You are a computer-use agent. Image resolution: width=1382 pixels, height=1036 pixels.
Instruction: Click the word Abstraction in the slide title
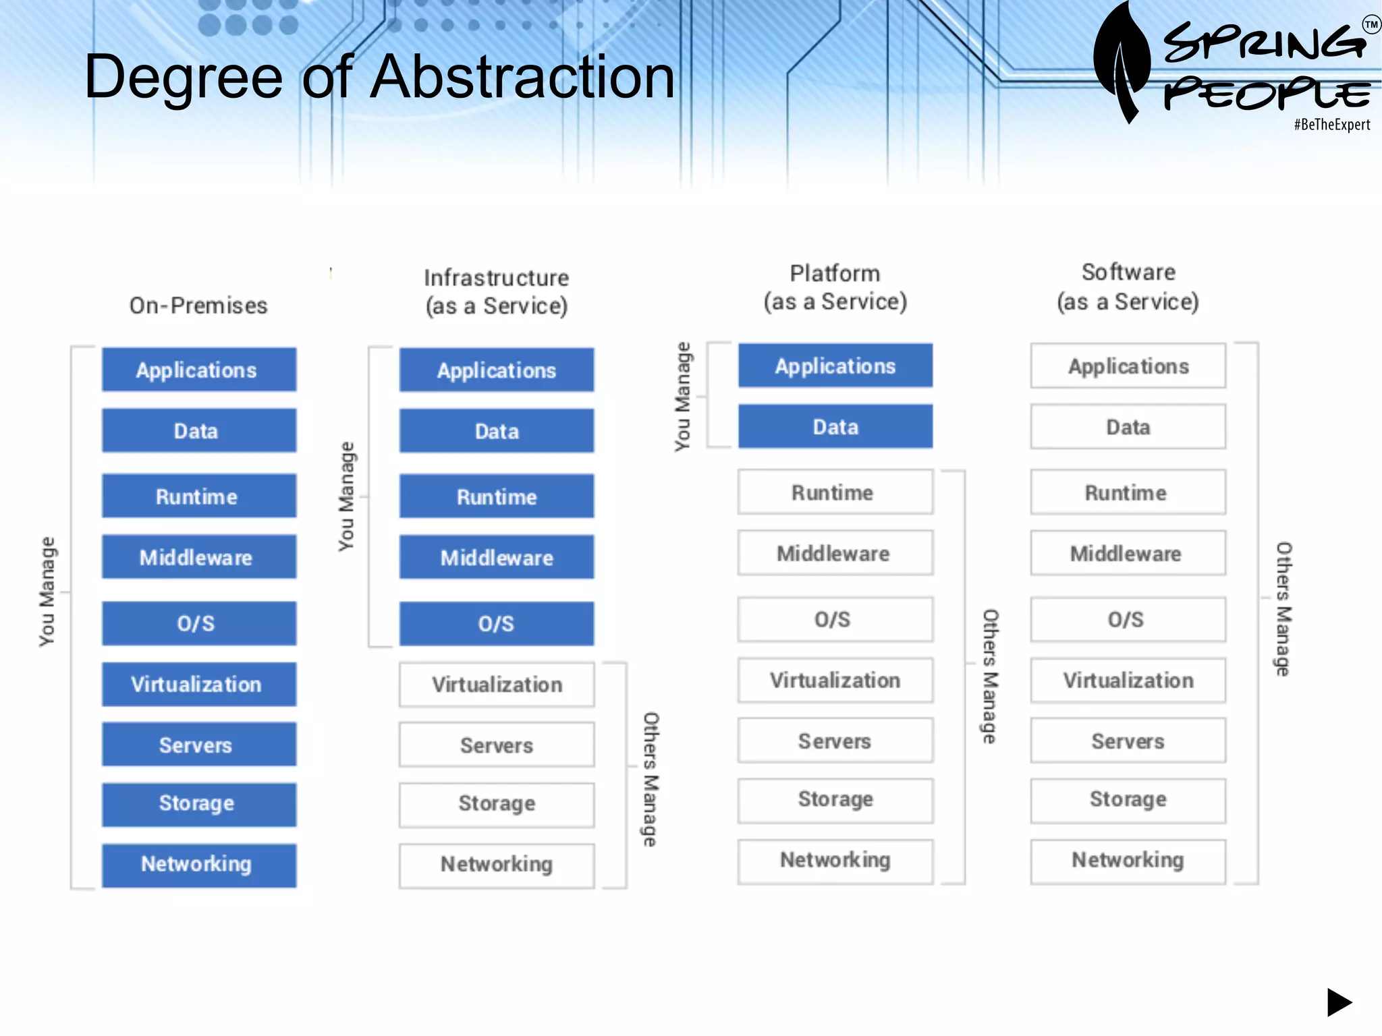point(523,77)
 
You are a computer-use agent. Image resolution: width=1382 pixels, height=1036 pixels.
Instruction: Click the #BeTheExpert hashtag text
point(1331,125)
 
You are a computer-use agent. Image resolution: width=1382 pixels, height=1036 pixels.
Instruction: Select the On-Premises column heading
point(198,306)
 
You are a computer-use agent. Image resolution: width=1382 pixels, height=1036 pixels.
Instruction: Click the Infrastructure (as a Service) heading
point(497,291)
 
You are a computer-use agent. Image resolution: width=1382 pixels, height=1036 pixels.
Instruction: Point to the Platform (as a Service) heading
point(835,287)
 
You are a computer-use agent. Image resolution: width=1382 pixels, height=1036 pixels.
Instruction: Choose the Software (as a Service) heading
point(1128,287)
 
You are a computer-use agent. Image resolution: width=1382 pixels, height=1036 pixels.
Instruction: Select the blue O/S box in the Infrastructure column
point(497,623)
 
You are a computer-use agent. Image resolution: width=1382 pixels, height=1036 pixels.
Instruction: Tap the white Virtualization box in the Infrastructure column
point(497,685)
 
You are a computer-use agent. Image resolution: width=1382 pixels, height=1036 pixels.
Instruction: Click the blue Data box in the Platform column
point(835,426)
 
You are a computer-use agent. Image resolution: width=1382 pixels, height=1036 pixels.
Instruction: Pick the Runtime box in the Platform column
point(835,492)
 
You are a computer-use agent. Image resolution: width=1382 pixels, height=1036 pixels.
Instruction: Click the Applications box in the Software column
point(1128,366)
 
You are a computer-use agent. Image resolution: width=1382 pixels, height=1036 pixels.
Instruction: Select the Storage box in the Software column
point(1128,800)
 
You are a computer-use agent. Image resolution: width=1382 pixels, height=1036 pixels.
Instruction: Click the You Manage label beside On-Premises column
point(46,592)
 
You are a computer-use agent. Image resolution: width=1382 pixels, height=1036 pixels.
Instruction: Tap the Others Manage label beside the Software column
point(1283,608)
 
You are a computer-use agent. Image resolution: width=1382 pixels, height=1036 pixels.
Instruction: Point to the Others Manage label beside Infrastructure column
point(650,779)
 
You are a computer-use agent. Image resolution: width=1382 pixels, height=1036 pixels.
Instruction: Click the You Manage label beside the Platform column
point(683,397)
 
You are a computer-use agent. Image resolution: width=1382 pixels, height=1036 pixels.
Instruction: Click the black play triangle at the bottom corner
point(1338,1002)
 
